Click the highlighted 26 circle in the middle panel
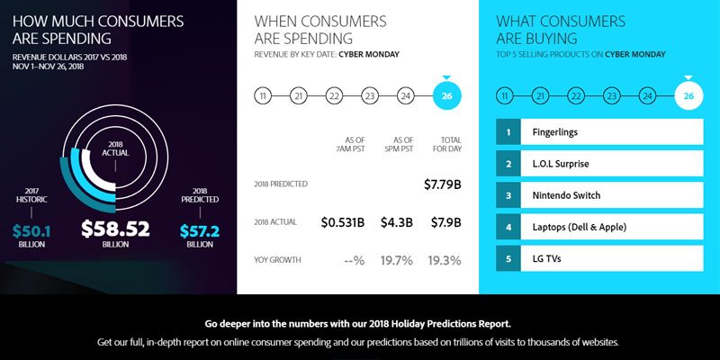pyautogui.click(x=447, y=96)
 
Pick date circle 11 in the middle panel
pyautogui.click(x=263, y=96)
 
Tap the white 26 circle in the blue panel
pyautogui.click(x=688, y=96)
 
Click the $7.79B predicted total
pyautogui.click(x=443, y=184)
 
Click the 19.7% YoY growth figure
pyautogui.click(x=396, y=261)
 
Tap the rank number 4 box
pyautogui.click(x=508, y=228)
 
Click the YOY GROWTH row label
pyautogui.click(x=278, y=261)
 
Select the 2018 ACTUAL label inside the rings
pyautogui.click(x=115, y=149)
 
